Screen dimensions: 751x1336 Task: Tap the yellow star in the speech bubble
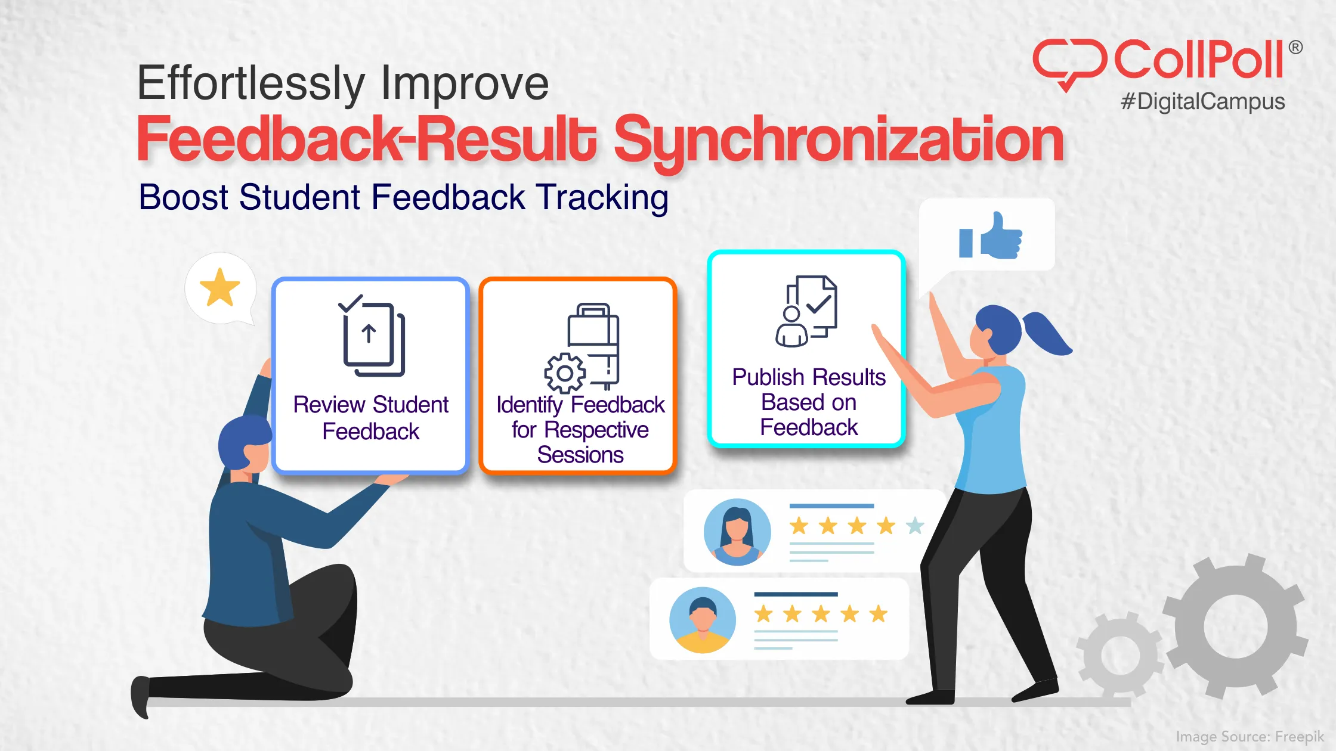click(x=219, y=287)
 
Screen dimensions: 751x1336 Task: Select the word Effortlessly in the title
click(x=250, y=83)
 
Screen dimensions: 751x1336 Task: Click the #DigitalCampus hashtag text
click(x=1202, y=101)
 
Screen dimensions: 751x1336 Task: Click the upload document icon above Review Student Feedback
click(x=371, y=337)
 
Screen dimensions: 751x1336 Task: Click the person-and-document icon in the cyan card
click(x=806, y=311)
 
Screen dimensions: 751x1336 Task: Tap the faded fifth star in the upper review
click(x=915, y=526)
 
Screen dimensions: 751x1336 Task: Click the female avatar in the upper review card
click(x=737, y=532)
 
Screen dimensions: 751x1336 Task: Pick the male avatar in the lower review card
click(x=703, y=620)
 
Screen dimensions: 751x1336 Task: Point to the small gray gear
click(x=1120, y=656)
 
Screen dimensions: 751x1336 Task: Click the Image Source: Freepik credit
click(x=1250, y=737)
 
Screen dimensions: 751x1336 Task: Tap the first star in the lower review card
click(x=763, y=613)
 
